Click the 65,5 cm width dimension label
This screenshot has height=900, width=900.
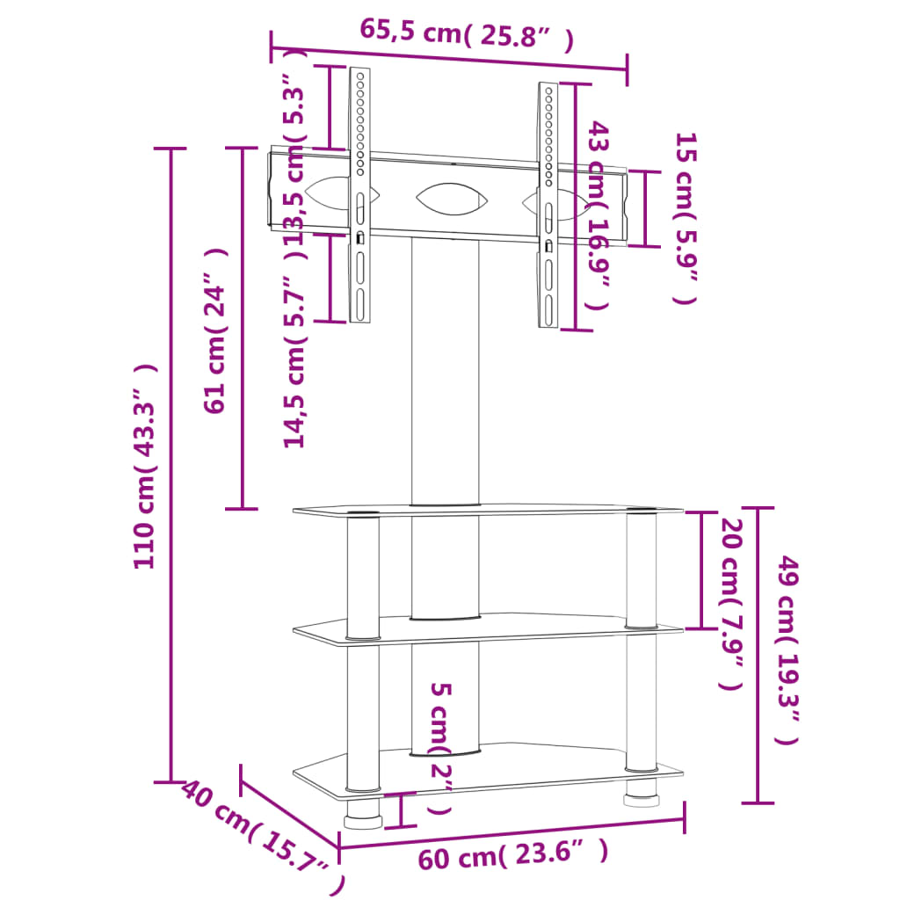tap(467, 36)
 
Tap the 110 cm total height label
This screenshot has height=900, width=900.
tap(146, 466)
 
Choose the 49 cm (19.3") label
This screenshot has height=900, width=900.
tap(787, 650)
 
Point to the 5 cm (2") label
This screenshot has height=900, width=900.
tap(440, 747)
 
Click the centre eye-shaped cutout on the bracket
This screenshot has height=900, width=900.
tap(450, 198)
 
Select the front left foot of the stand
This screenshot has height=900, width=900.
tap(362, 820)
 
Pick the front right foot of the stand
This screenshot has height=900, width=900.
tap(641, 801)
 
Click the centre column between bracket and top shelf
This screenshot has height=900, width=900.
tap(445, 369)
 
